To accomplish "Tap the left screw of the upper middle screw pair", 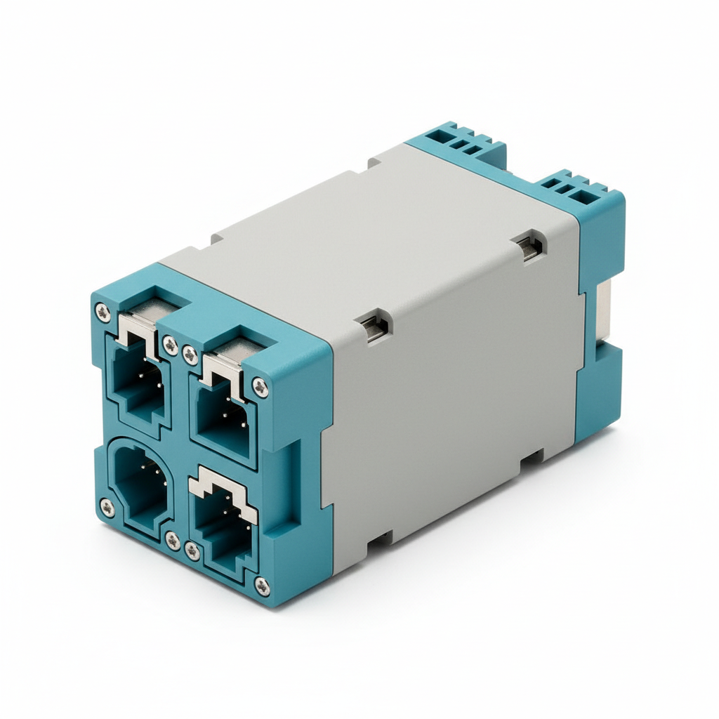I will [x=170, y=344].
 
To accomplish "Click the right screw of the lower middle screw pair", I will [x=192, y=551].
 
